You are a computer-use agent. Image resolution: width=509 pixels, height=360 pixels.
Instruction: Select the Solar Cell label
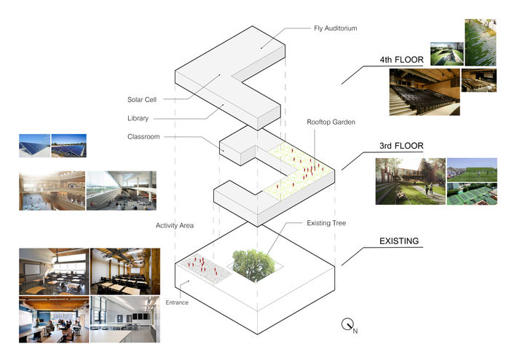point(142,99)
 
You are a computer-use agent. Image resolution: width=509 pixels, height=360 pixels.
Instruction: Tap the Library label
point(137,118)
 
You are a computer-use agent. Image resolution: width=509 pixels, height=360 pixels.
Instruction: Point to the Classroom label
point(143,136)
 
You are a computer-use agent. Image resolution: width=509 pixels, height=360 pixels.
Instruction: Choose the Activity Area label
point(175,225)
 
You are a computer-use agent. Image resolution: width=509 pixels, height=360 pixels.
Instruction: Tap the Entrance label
point(178,302)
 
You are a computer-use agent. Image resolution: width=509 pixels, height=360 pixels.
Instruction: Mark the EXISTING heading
point(398,240)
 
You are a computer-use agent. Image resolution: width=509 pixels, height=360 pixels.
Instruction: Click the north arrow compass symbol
point(347,326)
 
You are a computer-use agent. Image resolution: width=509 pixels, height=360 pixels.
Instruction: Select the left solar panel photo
point(34,145)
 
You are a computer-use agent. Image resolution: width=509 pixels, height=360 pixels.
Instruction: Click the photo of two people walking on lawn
point(409,181)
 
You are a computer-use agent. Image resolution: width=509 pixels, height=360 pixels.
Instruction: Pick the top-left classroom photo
point(53,270)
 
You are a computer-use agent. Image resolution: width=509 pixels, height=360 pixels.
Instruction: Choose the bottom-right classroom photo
point(123,318)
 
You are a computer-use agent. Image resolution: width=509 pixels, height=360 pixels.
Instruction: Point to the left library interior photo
point(52,191)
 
